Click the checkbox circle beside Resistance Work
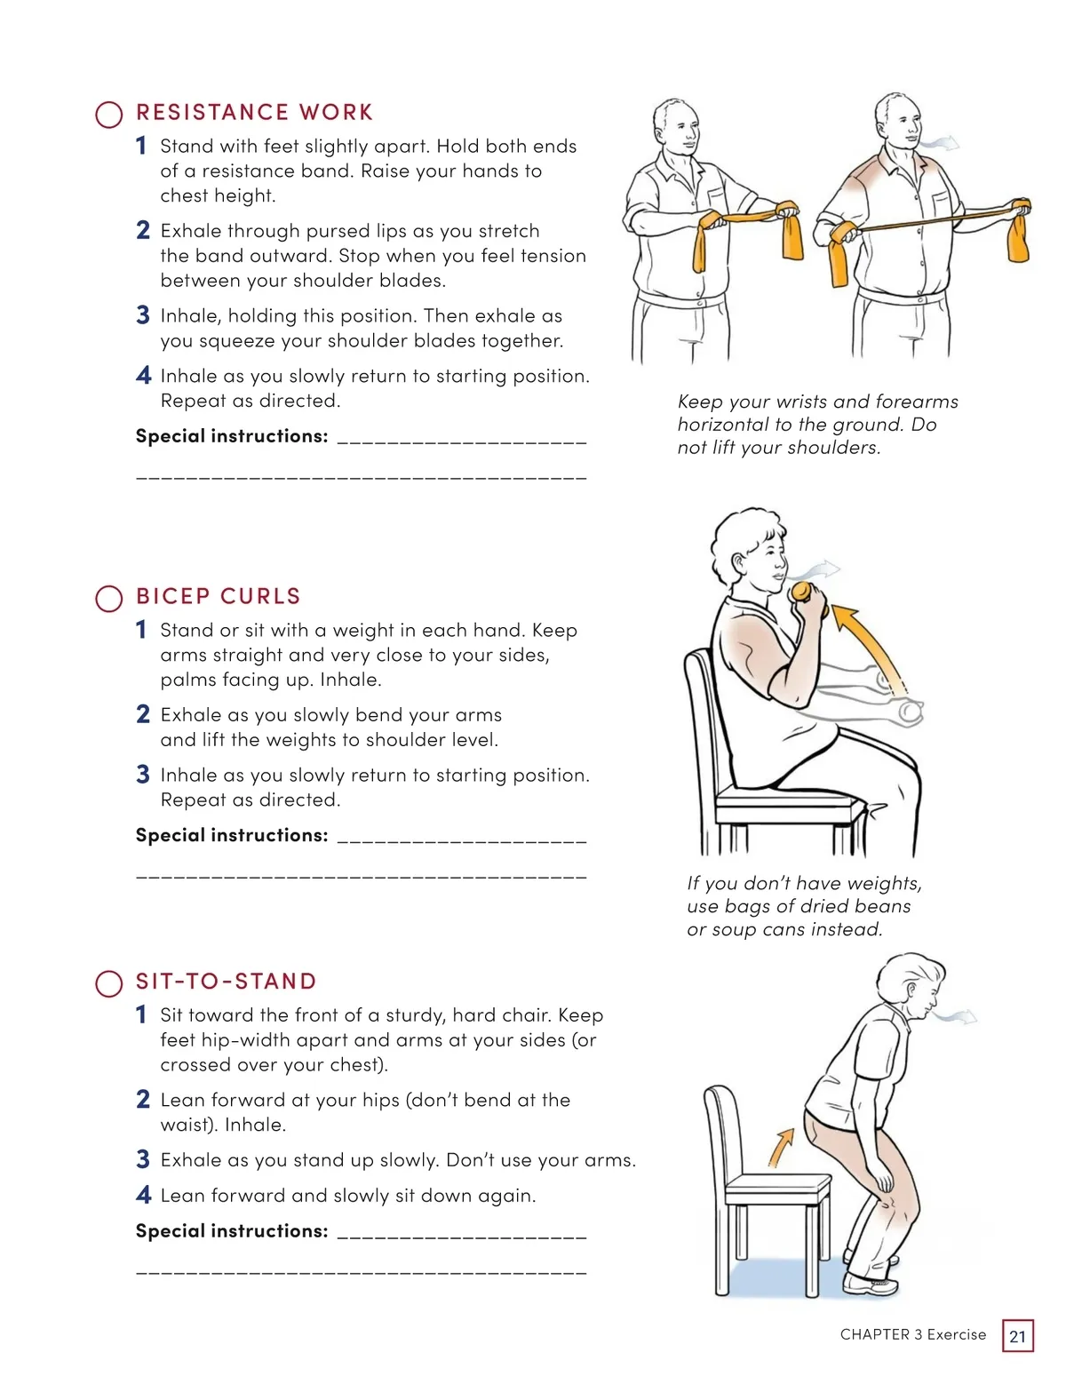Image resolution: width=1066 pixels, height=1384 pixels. pyautogui.click(x=109, y=115)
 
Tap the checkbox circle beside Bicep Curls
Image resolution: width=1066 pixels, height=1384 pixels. pyautogui.click(x=109, y=599)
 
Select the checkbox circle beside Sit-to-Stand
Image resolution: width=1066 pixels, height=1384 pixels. pyautogui.click(x=109, y=983)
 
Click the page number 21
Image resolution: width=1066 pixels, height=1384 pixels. pyautogui.click(x=1017, y=1336)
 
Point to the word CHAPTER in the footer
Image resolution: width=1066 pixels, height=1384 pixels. pyautogui.click(x=875, y=1334)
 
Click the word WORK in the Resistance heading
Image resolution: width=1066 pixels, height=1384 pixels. pyautogui.click(x=336, y=112)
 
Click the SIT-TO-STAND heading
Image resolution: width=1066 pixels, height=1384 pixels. pyautogui.click(x=226, y=982)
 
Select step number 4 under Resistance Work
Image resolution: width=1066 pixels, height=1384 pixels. pyautogui.click(x=143, y=375)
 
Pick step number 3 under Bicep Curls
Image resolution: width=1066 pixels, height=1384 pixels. pyautogui.click(x=143, y=775)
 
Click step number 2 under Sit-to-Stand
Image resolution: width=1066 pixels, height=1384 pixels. pyautogui.click(x=143, y=1100)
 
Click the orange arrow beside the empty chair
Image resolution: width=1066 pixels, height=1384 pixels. pyautogui.click(x=782, y=1147)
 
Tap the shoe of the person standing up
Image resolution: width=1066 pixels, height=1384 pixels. pyautogui.click(x=870, y=1284)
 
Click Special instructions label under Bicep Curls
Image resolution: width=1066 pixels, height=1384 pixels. pyautogui.click(x=232, y=835)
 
